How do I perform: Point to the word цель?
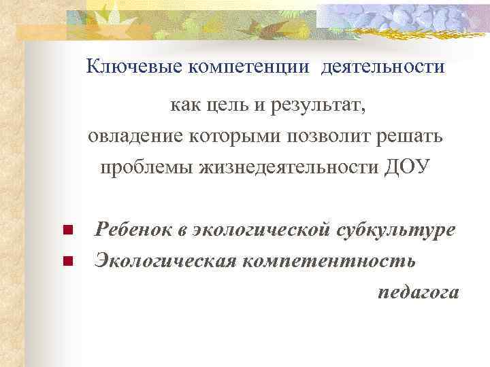(226, 106)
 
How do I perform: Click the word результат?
(318, 106)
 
